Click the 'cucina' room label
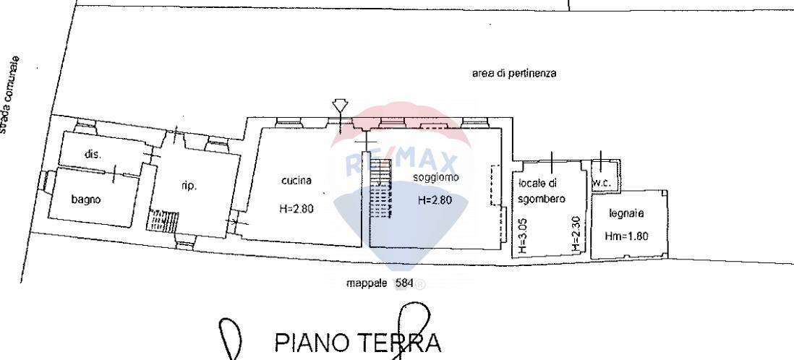(x=296, y=181)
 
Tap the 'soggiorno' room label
(x=433, y=178)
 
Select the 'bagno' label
(x=86, y=200)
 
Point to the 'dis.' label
(x=93, y=154)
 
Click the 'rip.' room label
(x=189, y=186)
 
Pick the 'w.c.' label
(x=601, y=184)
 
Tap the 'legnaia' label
(x=626, y=214)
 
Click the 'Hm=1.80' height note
(x=626, y=236)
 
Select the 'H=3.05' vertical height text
(x=524, y=236)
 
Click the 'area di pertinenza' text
(x=514, y=74)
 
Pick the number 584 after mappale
(x=404, y=284)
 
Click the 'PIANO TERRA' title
(x=357, y=343)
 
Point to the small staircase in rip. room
(x=163, y=220)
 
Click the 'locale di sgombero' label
(x=542, y=191)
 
